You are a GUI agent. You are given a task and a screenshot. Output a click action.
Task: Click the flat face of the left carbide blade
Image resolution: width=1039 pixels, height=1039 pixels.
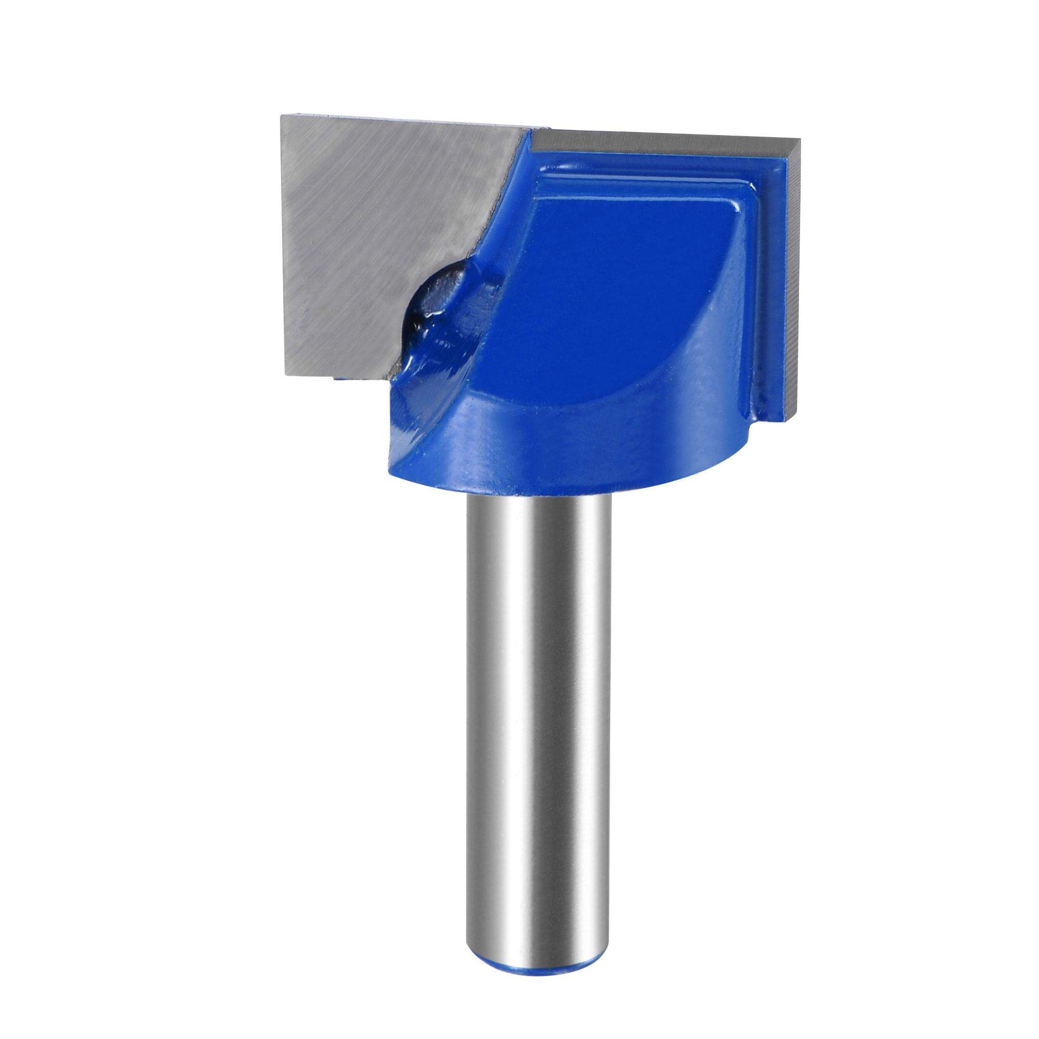[377, 226]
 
